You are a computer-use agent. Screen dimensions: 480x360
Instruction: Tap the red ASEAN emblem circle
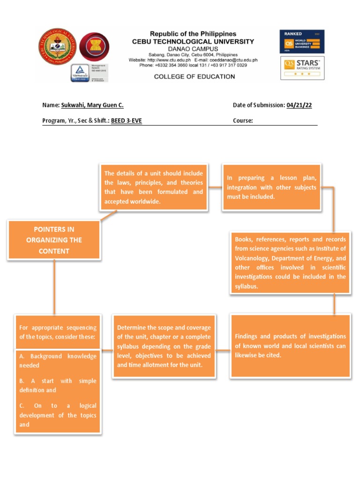pos(95,47)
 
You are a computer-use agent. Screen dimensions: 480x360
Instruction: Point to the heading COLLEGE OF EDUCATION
pos(195,76)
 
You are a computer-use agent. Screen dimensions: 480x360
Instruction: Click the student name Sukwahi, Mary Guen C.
pos(92,105)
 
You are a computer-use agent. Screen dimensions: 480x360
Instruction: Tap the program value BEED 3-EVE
pos(126,121)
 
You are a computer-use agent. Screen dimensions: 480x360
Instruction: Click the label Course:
pos(243,121)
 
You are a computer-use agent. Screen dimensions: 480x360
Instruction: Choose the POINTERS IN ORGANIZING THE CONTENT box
pos(54,240)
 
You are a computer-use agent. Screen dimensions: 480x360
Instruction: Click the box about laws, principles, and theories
pos(154,187)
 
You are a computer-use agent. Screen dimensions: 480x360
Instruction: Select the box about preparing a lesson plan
pos(271,187)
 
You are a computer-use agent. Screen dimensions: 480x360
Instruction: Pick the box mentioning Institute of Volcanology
pos(290,262)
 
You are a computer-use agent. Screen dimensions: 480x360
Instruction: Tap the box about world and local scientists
pos(290,345)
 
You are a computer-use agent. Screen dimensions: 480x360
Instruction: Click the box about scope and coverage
pos(164,346)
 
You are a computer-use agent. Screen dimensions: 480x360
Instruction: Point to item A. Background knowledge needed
pos(58,360)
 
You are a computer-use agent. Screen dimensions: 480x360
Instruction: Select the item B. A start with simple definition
pos(58,385)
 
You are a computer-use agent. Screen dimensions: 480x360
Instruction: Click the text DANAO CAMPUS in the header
pos(193,49)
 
